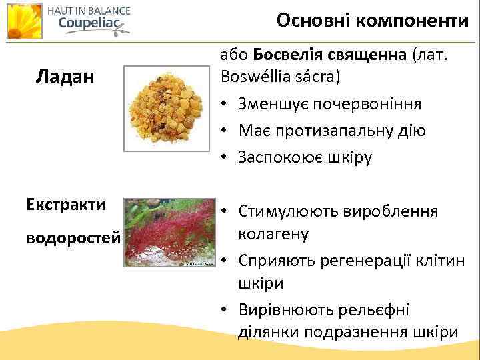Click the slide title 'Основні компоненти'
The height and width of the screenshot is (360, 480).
coord(373,21)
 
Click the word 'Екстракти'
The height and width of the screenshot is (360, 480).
coord(66,204)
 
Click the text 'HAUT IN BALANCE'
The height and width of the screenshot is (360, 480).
coord(88,10)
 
